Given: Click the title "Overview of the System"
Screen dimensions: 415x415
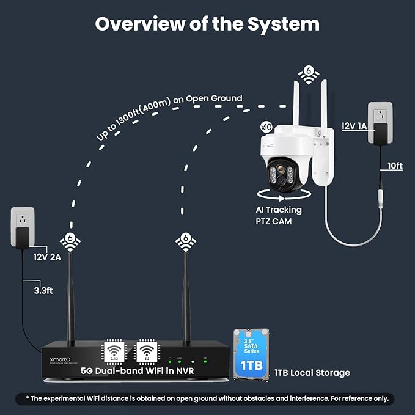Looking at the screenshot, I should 207,24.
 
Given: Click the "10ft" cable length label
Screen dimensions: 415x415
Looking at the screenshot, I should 394,166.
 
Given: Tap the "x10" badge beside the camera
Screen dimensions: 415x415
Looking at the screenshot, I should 266,127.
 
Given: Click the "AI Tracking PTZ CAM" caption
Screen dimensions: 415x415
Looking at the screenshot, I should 279,216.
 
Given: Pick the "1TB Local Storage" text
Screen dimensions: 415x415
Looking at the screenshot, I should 312,372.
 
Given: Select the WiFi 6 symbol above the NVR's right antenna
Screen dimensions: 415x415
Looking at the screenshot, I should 185,240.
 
